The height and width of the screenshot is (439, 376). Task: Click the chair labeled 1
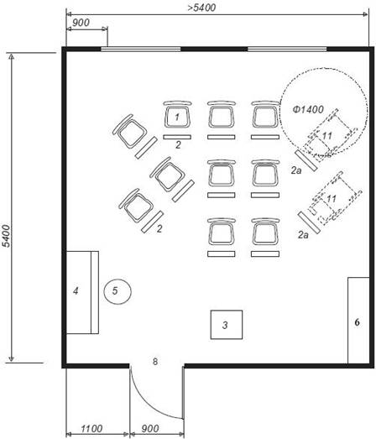177,114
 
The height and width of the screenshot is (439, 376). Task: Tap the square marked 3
227,325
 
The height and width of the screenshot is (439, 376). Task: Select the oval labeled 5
117,291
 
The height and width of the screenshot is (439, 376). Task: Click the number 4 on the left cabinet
76,291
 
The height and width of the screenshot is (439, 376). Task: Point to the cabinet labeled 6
358,321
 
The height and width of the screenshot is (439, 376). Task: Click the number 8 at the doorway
155,362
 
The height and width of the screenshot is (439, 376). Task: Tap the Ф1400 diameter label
308,109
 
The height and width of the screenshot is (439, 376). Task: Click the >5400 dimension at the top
201,8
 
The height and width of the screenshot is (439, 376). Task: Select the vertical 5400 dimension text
6,236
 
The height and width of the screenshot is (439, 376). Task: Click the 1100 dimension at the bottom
91,429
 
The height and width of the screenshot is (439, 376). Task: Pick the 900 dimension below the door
150,429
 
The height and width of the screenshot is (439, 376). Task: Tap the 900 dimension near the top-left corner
81,23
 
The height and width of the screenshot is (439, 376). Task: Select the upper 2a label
296,170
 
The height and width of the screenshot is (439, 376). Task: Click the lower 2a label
303,235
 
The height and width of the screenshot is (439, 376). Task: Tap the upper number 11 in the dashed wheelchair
327,136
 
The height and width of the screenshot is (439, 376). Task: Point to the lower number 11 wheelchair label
332,199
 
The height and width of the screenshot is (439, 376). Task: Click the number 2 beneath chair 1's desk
178,144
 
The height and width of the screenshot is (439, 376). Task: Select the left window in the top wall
141,50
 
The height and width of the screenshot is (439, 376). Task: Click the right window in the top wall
287,50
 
